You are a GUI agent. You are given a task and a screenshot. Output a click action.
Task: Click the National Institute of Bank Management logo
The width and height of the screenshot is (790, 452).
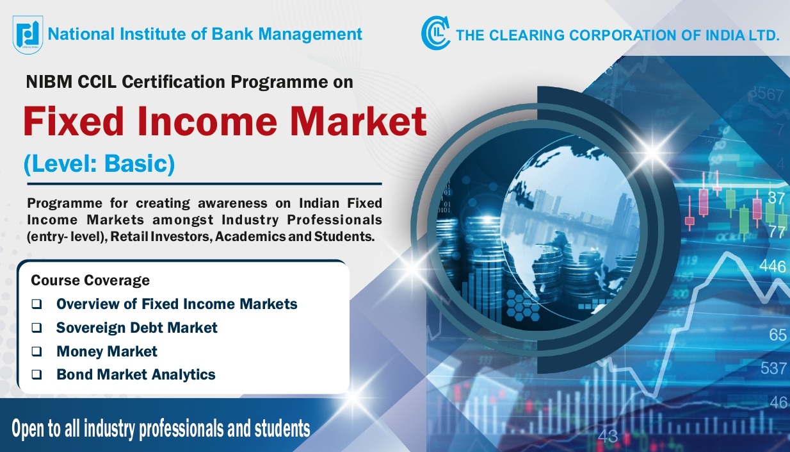[28, 34]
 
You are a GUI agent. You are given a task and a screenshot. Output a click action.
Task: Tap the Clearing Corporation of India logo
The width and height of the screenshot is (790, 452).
[435, 33]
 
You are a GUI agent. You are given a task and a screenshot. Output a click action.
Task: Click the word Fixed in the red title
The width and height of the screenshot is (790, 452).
[77, 121]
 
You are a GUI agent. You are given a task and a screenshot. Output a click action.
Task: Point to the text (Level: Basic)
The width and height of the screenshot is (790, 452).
[99, 164]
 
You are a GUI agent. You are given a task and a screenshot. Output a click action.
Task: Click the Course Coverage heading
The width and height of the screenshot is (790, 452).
[90, 280]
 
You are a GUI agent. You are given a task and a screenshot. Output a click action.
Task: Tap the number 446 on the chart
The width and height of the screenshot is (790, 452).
[772, 266]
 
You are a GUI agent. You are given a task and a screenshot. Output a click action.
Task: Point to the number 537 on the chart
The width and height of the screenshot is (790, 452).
[773, 369]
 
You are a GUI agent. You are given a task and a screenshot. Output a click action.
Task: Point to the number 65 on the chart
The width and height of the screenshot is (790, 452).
[777, 335]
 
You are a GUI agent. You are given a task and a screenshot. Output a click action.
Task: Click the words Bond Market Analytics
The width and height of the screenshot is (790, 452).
[136, 374]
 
